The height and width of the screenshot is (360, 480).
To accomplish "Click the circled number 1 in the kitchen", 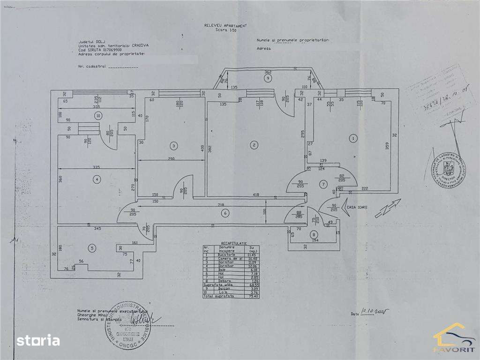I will click(x=353, y=138).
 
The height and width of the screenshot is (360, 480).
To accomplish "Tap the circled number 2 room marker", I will click(x=254, y=145).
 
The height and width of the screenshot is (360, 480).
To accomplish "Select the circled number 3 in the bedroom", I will click(x=173, y=146).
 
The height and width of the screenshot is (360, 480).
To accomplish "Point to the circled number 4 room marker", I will click(x=97, y=179).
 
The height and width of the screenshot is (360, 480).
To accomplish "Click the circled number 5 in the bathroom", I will click(x=92, y=247).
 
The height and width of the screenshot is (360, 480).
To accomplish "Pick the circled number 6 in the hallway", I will click(x=225, y=213).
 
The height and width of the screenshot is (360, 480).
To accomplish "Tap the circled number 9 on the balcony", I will click(x=268, y=79).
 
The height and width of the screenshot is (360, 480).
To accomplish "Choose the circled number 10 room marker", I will click(x=97, y=115).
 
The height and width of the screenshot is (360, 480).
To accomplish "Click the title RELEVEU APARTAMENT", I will click(x=225, y=26).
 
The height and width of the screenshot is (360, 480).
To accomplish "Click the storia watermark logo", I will click(x=38, y=340).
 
